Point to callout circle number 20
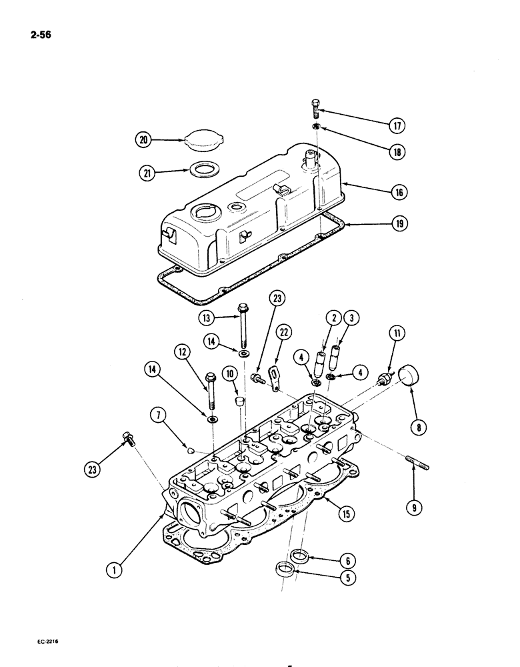click(143, 140)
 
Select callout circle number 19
click(399, 225)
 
